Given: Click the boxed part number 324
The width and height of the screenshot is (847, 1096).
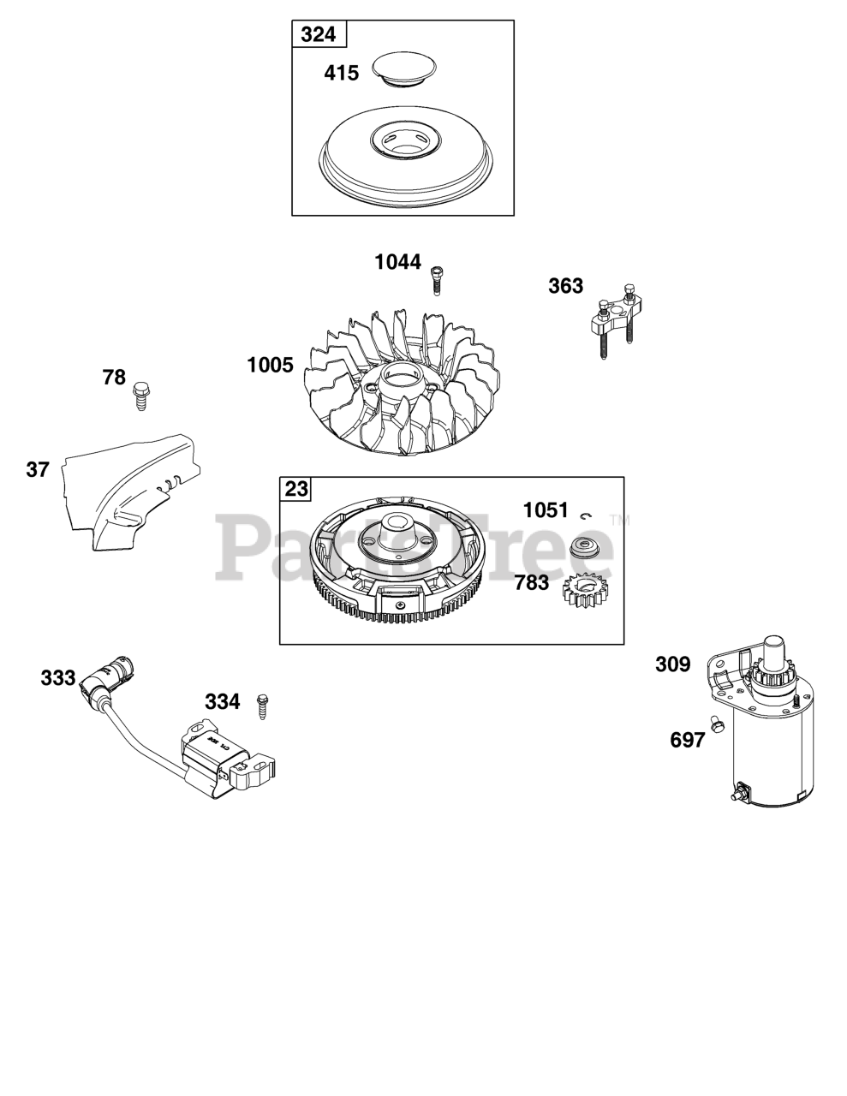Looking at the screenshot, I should pyautogui.click(x=319, y=35).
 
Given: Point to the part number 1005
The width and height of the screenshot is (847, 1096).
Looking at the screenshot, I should pyautogui.click(x=270, y=365).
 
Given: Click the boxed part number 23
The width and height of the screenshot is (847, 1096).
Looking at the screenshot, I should pyautogui.click(x=296, y=490).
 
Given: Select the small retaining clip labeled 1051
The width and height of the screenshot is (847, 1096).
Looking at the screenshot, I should pyautogui.click(x=587, y=515).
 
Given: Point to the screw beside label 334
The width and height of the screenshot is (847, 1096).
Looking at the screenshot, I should pyautogui.click(x=262, y=706).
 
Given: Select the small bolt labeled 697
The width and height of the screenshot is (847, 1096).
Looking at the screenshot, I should pyautogui.click(x=713, y=721).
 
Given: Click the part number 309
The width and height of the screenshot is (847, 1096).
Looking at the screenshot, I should pyautogui.click(x=672, y=664).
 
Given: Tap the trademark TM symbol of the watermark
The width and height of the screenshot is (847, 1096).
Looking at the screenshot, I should pyautogui.click(x=618, y=519).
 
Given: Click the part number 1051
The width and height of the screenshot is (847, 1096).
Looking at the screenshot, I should pyautogui.click(x=546, y=510).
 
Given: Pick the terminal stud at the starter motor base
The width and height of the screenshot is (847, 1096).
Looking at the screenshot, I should pyautogui.click(x=735, y=795).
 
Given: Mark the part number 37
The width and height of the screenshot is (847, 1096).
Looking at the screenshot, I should pyautogui.click(x=38, y=468).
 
